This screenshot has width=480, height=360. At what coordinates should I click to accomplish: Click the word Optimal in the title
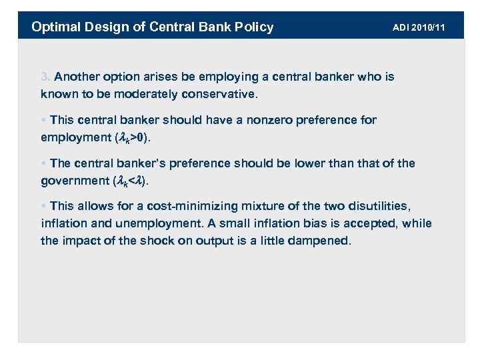[x=55, y=27]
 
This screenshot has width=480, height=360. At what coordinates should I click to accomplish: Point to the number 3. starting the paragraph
[x=46, y=77]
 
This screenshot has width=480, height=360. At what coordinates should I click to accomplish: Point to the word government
[x=74, y=181]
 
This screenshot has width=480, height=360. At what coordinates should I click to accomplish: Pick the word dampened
[x=322, y=241]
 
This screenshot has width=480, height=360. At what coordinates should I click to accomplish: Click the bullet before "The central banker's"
[x=43, y=163]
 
